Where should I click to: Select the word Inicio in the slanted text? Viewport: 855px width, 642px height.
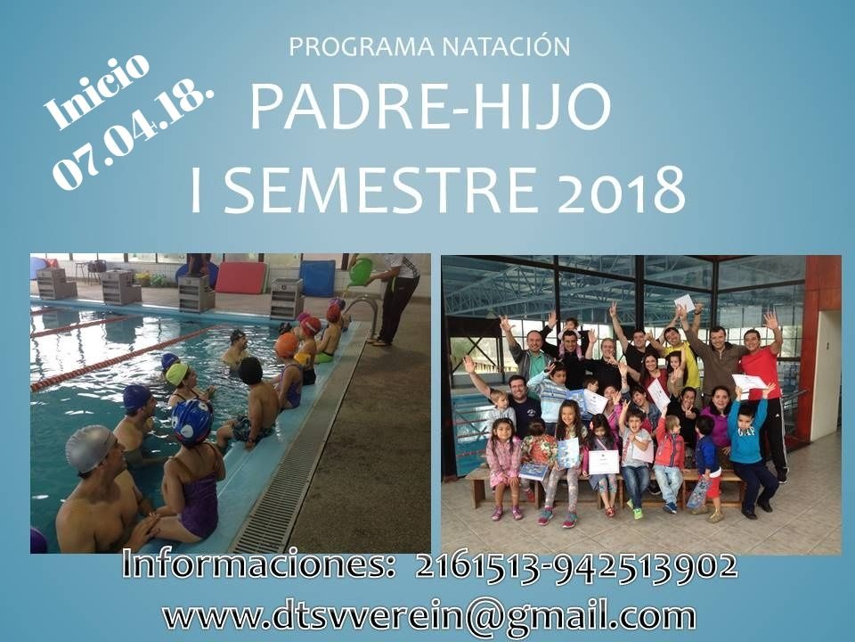[97, 91]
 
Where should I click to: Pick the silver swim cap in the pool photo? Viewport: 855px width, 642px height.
[91, 449]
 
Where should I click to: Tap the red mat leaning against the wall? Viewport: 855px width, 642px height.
[241, 276]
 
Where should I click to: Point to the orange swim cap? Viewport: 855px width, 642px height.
[286, 344]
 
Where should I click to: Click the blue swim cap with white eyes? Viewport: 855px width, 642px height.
[192, 421]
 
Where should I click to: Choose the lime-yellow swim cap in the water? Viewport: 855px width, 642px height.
[176, 374]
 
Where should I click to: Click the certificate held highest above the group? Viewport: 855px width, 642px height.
[685, 302]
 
